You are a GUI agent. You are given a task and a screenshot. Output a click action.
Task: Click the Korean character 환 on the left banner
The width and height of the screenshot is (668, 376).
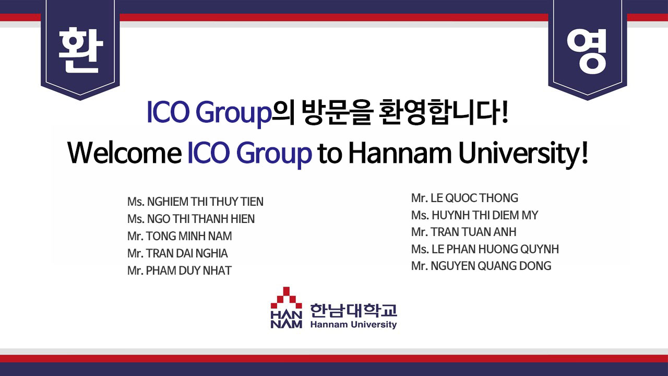(x=80, y=50)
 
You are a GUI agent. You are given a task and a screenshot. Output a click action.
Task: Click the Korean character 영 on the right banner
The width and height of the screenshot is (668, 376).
(x=587, y=51)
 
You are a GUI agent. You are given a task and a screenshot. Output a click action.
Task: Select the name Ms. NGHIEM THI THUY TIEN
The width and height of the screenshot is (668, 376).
(x=195, y=202)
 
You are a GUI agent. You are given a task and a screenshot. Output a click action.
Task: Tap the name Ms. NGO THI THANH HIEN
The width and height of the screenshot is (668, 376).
(x=191, y=219)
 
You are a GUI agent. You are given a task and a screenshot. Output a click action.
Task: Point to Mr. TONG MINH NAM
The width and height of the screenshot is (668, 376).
(x=180, y=236)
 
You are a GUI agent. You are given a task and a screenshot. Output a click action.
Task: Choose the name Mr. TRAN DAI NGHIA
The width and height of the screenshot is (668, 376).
(x=177, y=253)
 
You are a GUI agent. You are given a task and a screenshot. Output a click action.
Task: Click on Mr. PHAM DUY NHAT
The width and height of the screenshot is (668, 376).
(x=179, y=271)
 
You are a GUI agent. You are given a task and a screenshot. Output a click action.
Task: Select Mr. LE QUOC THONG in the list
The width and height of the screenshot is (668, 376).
(x=464, y=198)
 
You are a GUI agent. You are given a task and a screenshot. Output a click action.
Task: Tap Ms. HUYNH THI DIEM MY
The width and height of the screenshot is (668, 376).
(x=475, y=215)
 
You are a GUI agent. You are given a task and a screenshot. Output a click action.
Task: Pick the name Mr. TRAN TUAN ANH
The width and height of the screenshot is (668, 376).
(x=464, y=232)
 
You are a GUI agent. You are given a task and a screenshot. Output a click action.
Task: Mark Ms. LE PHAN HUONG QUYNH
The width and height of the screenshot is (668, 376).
(x=485, y=249)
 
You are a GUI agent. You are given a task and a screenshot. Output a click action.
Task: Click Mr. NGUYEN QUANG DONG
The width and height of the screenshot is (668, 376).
(x=481, y=266)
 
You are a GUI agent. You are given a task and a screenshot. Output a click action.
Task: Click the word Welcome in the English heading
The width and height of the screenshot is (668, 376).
(x=125, y=153)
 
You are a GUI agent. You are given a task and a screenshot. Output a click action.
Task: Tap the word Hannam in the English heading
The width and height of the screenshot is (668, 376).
(x=400, y=153)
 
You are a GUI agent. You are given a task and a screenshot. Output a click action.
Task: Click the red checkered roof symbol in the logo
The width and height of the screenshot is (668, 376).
(x=287, y=298)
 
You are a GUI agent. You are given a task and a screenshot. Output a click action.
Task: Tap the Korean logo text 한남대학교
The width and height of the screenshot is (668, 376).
(x=354, y=310)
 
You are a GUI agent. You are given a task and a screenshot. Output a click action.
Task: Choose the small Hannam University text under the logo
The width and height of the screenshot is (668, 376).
(x=354, y=325)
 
